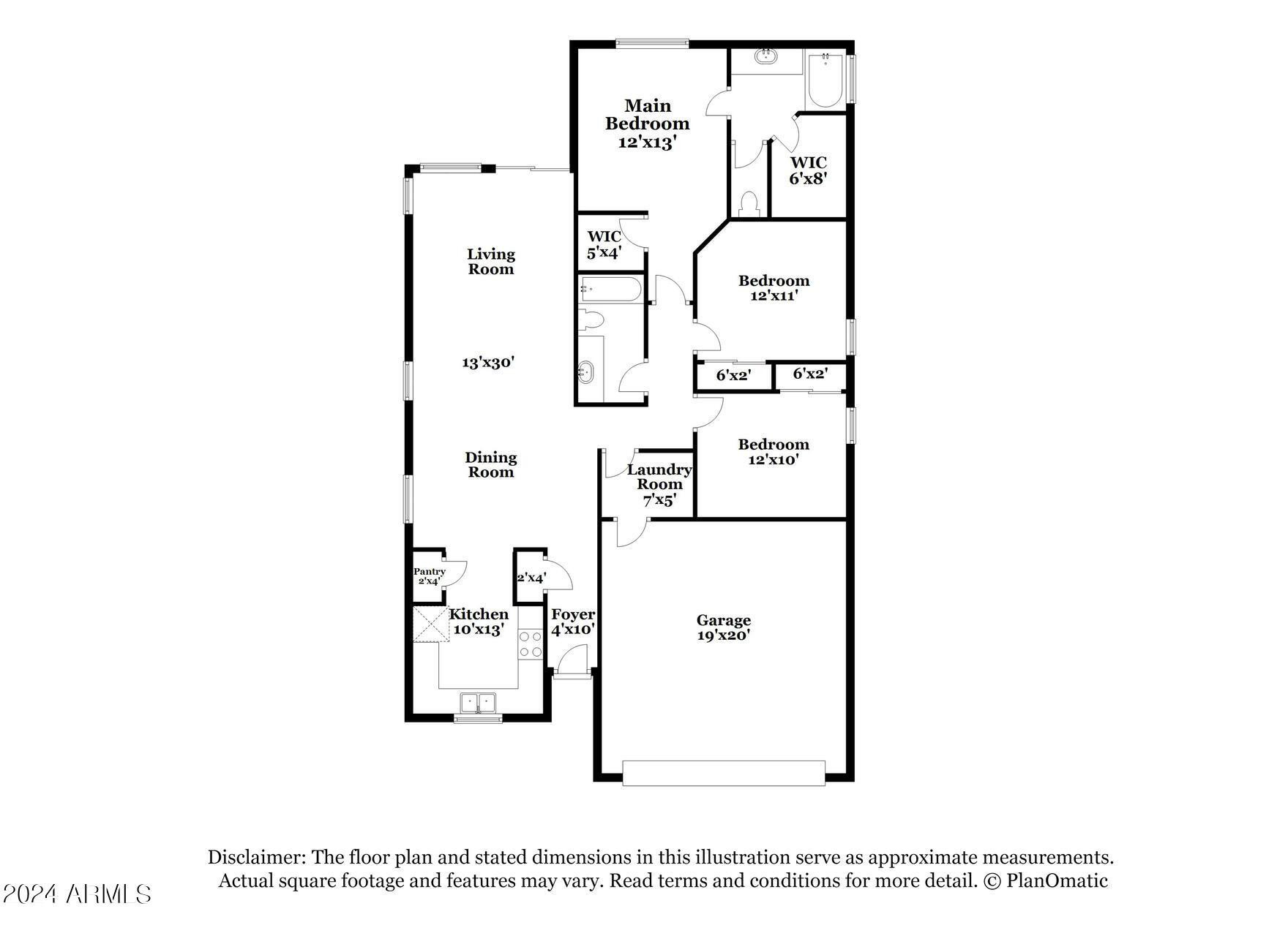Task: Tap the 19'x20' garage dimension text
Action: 723,635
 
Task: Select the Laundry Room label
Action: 659,477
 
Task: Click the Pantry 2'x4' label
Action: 430,576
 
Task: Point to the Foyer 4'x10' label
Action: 572,622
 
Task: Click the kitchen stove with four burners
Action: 530,644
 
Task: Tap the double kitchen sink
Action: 478,703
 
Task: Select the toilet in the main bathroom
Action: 749,204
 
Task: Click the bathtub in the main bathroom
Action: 825,80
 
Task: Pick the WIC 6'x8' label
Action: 808,170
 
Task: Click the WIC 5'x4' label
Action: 604,244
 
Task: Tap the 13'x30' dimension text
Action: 488,362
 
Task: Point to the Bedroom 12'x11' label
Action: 774,288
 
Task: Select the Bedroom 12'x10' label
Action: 773,452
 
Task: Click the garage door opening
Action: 723,773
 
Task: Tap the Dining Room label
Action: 491,464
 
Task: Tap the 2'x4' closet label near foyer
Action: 531,578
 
